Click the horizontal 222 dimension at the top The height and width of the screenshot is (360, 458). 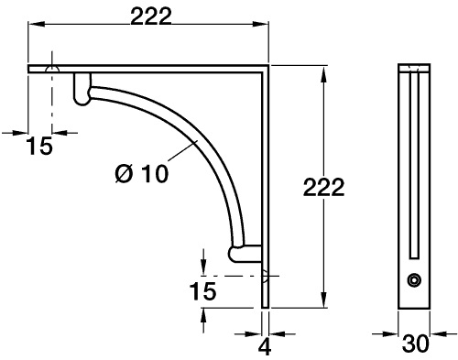point(151,16)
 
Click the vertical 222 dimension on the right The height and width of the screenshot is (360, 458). point(323,187)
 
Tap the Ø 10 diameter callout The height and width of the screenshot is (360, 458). point(142,174)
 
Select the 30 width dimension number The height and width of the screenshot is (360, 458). point(416,344)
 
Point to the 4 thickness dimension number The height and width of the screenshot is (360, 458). point(265,346)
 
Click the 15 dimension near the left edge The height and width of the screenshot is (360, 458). point(39,146)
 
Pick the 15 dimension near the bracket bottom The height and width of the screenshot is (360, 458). point(202,290)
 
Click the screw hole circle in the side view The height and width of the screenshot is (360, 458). point(414,280)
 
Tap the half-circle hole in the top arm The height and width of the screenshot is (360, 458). point(52,70)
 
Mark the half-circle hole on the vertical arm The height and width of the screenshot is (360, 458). point(265,276)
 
